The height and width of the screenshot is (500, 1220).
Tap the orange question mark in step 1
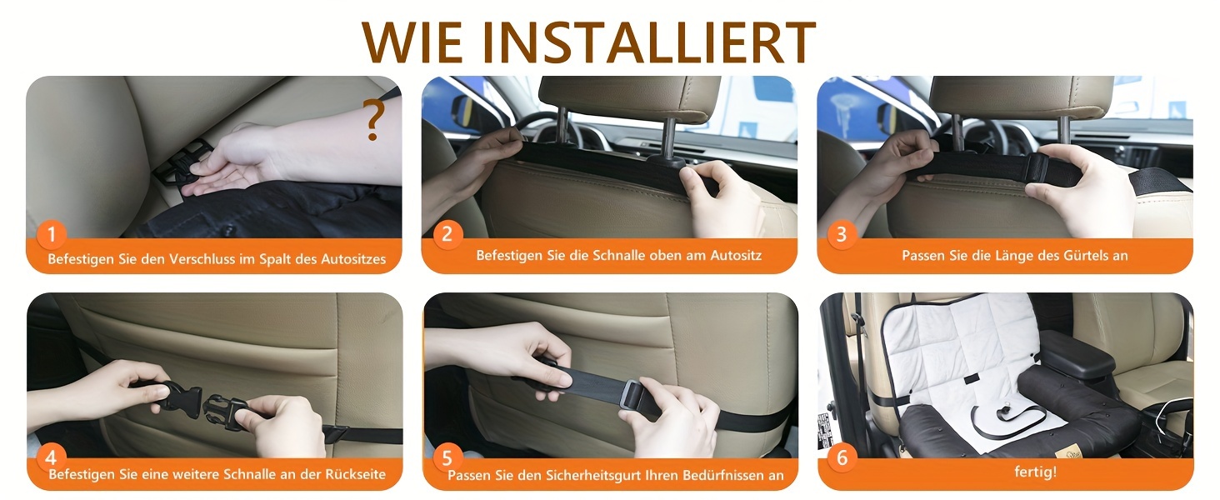coord(374,120)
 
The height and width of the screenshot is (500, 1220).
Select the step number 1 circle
coord(52,234)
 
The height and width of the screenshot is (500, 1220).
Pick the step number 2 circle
coord(447,234)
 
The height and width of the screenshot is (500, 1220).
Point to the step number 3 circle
coord(842,234)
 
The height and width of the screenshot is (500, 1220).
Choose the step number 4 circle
coord(52,457)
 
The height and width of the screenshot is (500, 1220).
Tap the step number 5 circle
coord(447,457)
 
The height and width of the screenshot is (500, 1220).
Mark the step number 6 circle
coord(842,457)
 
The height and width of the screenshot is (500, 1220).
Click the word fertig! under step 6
coord(1035,472)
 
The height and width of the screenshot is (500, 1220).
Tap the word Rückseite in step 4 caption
coord(355,474)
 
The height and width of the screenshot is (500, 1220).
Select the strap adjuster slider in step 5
coord(632,402)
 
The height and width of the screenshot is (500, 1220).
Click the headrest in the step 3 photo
coord(1022,96)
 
